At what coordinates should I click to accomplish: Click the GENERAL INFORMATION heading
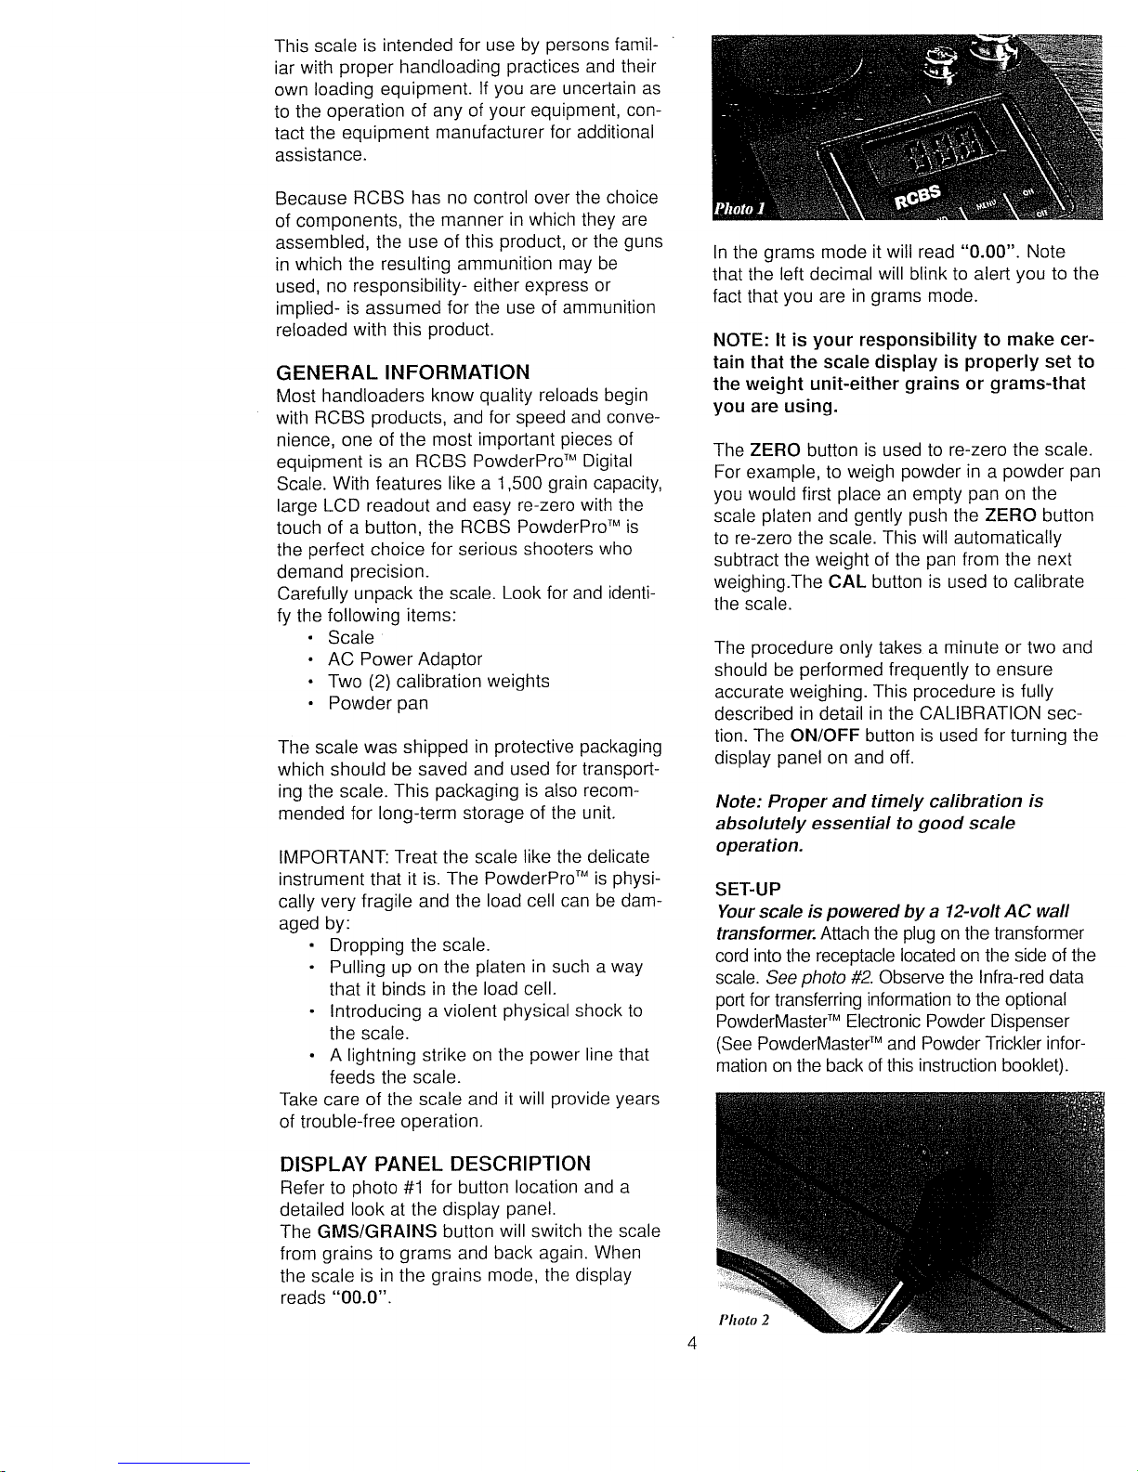point(402,372)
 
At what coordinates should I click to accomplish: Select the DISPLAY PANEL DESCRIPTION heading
point(434,1164)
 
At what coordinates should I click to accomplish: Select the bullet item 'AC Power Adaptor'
point(405,659)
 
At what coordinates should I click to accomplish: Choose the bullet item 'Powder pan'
point(378,703)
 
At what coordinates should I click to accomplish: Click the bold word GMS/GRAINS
point(376,1231)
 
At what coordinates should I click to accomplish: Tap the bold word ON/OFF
point(823,736)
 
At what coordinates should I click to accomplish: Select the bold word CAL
point(847,581)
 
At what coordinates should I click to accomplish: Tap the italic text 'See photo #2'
point(820,977)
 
